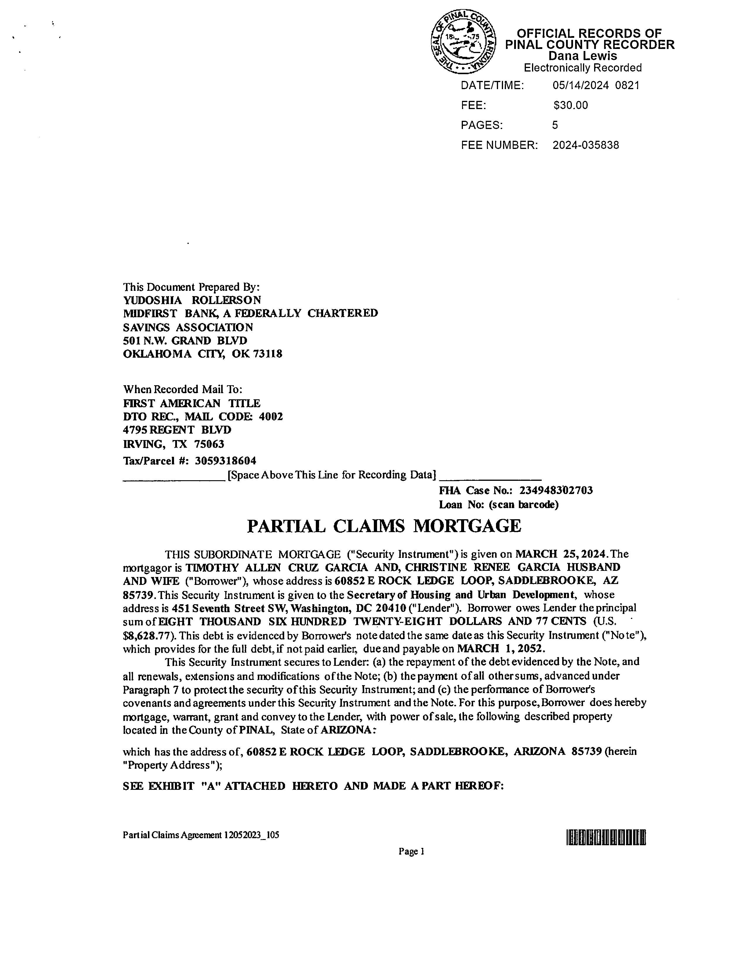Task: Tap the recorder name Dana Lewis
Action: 582,56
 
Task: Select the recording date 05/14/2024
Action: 580,85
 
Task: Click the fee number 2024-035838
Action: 586,145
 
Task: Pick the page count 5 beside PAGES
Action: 555,125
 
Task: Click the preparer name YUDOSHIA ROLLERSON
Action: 192,300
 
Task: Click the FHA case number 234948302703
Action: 556,490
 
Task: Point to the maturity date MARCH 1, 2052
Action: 500,649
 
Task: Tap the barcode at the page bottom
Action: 606,838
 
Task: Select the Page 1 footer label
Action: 411,851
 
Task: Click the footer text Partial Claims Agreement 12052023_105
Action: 201,835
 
